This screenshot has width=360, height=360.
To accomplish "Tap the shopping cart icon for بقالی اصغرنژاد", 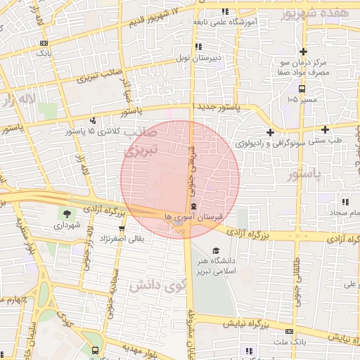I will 122,229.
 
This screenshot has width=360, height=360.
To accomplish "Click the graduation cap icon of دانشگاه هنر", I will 216,251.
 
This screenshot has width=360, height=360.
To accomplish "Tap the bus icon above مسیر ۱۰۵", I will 302,89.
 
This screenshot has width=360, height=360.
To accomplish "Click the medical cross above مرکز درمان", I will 303,51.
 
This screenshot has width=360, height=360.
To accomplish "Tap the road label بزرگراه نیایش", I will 246,325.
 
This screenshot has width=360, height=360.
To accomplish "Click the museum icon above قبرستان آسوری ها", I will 193,206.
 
